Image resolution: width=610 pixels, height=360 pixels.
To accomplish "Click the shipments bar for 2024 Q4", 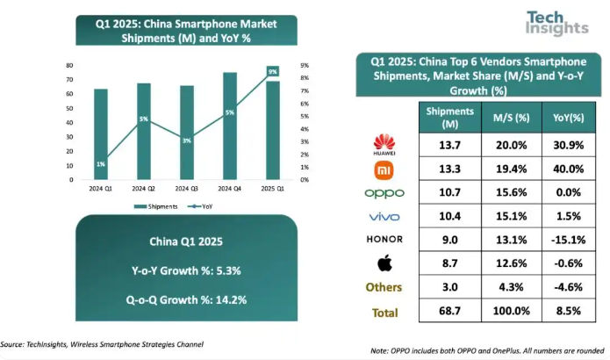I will coord(229,126).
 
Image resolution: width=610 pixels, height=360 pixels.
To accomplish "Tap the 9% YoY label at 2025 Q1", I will coord(273,71).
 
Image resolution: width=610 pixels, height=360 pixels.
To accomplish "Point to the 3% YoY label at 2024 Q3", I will coord(187,140).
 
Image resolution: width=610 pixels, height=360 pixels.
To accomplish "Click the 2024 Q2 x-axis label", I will coord(144,188).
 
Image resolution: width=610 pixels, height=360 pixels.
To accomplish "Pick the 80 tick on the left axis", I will coord(68,66).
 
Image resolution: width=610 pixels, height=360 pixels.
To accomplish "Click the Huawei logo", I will coord(384,144).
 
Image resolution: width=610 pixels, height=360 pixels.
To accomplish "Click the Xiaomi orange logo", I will coord(384,168).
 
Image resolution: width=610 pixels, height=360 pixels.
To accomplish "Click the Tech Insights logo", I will coord(556,23).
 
